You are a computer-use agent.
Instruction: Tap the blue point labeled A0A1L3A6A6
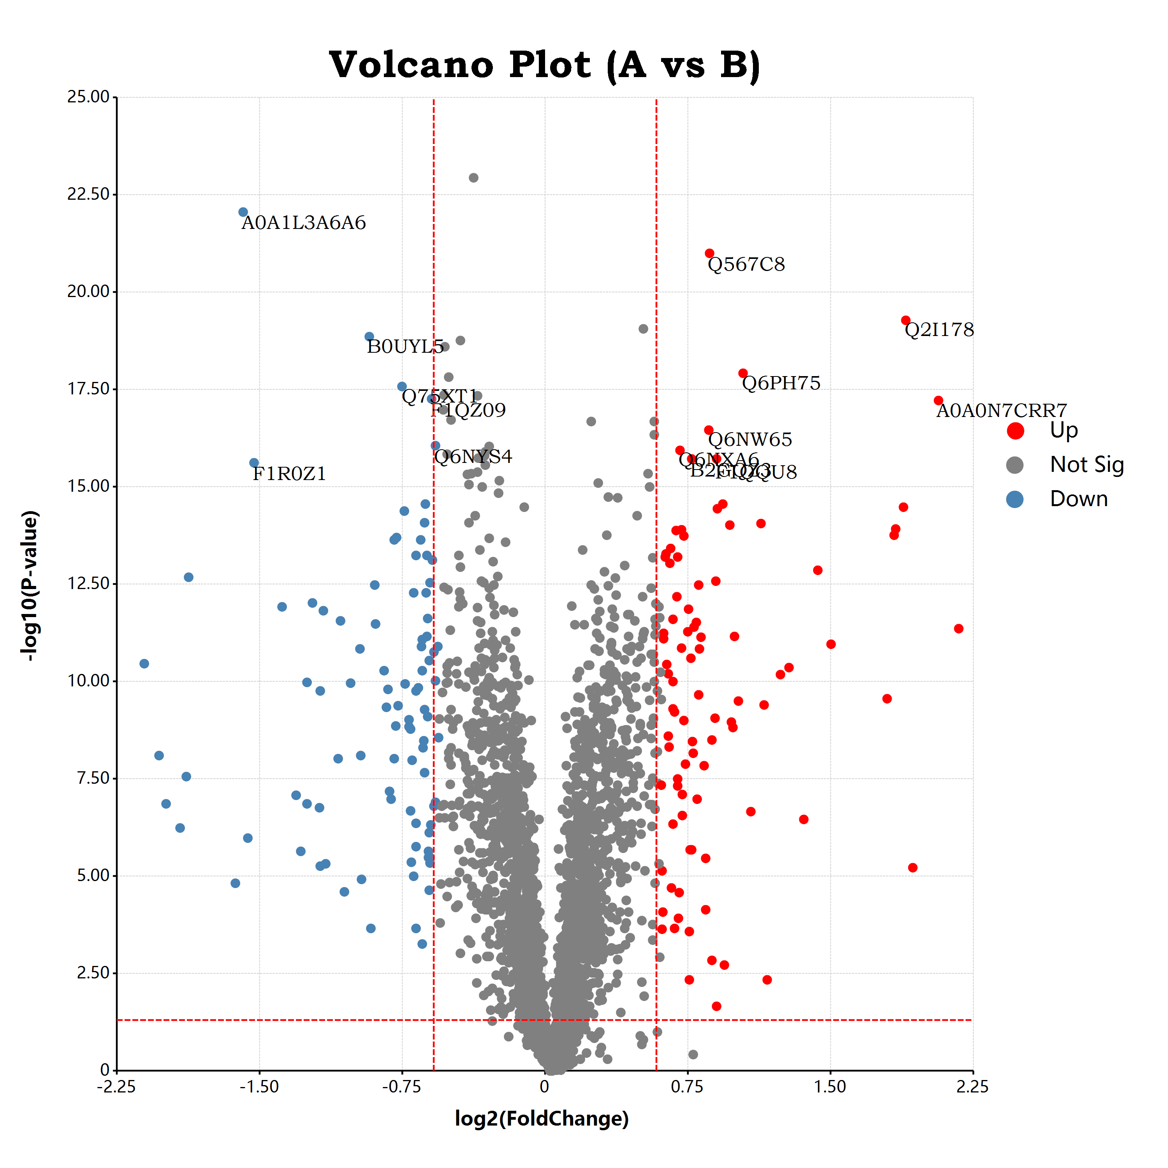pos(243,212)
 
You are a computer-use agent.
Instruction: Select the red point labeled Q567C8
pos(710,253)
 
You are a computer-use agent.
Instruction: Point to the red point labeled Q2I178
pos(906,320)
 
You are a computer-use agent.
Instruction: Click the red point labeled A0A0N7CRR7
pos(938,400)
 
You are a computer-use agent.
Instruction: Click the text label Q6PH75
pos(781,383)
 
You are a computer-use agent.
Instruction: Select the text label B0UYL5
pos(405,347)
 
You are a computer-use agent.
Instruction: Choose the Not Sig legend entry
pos(1086,465)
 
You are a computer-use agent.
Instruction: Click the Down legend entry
pos(1078,500)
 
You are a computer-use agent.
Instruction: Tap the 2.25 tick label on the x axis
pos(973,1087)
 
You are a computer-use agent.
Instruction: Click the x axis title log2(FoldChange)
pos(542,1119)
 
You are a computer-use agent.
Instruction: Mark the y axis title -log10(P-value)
pos(30,585)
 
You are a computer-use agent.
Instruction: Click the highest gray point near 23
pos(473,178)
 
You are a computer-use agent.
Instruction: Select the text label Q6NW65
pos(749,440)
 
